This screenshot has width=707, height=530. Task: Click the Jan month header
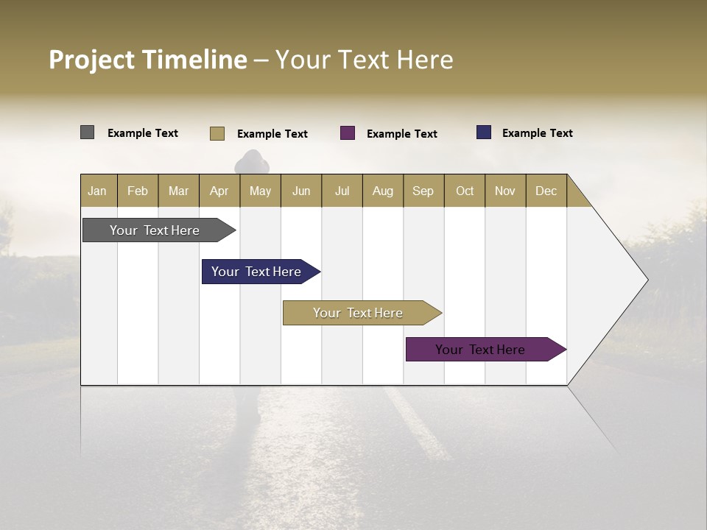[98, 191]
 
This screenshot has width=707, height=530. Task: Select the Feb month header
[138, 191]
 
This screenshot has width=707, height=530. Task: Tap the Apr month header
[219, 191]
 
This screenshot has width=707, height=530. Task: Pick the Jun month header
[301, 191]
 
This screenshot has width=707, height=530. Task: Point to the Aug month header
[383, 191]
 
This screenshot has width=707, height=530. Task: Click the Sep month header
[423, 191]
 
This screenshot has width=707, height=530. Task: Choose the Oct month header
[465, 191]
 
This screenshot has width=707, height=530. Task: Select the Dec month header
[546, 191]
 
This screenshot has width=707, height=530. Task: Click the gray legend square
[88, 132]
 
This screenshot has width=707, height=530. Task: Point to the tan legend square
[217, 133]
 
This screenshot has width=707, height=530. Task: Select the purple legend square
[348, 133]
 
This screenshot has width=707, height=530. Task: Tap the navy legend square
[484, 132]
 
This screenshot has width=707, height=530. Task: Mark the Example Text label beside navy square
[537, 133]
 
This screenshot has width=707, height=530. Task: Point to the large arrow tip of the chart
[641, 280]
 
